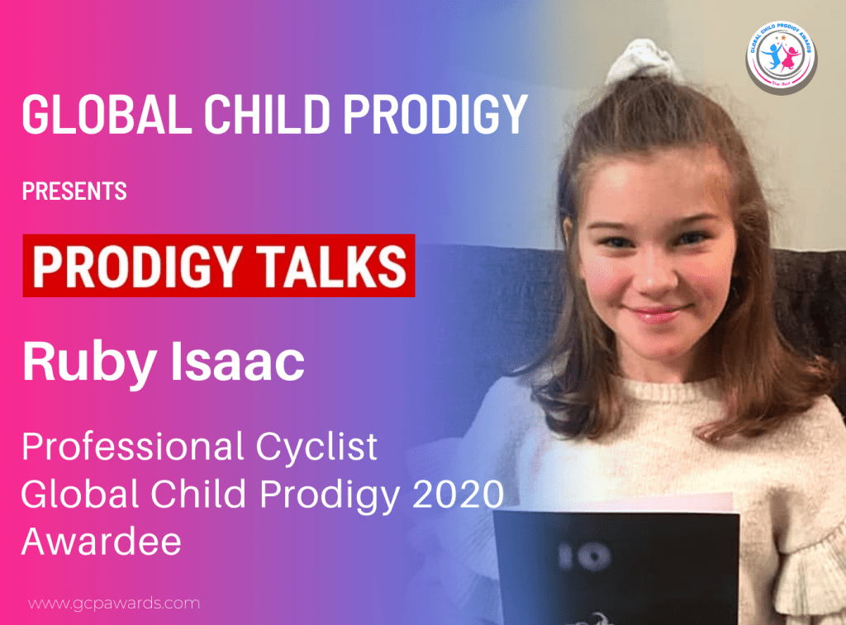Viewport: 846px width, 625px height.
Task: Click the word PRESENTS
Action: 74,192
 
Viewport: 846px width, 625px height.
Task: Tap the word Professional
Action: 127,447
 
